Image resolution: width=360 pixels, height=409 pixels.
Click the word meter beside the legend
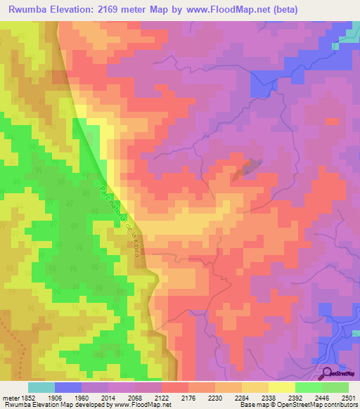point(9,397)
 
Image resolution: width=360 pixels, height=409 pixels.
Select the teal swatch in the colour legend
point(41,387)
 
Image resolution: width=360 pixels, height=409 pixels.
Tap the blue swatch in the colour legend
point(68,387)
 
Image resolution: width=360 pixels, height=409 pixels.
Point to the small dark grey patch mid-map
point(250,166)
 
